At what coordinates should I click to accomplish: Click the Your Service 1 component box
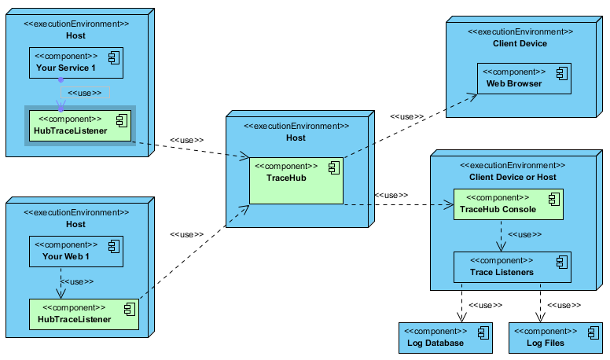click(x=76, y=63)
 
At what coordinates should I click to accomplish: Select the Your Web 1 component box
click(x=75, y=250)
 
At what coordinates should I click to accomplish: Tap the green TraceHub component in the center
click(x=296, y=181)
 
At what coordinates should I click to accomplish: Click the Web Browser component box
click(x=524, y=79)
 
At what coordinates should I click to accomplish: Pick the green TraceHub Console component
click(x=508, y=204)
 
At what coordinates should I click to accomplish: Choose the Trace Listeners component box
click(x=512, y=267)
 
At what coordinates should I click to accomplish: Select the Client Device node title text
click(x=520, y=43)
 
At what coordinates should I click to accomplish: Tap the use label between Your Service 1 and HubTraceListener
click(x=84, y=94)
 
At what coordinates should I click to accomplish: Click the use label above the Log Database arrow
click(x=485, y=306)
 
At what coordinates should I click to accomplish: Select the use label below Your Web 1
click(x=77, y=281)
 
